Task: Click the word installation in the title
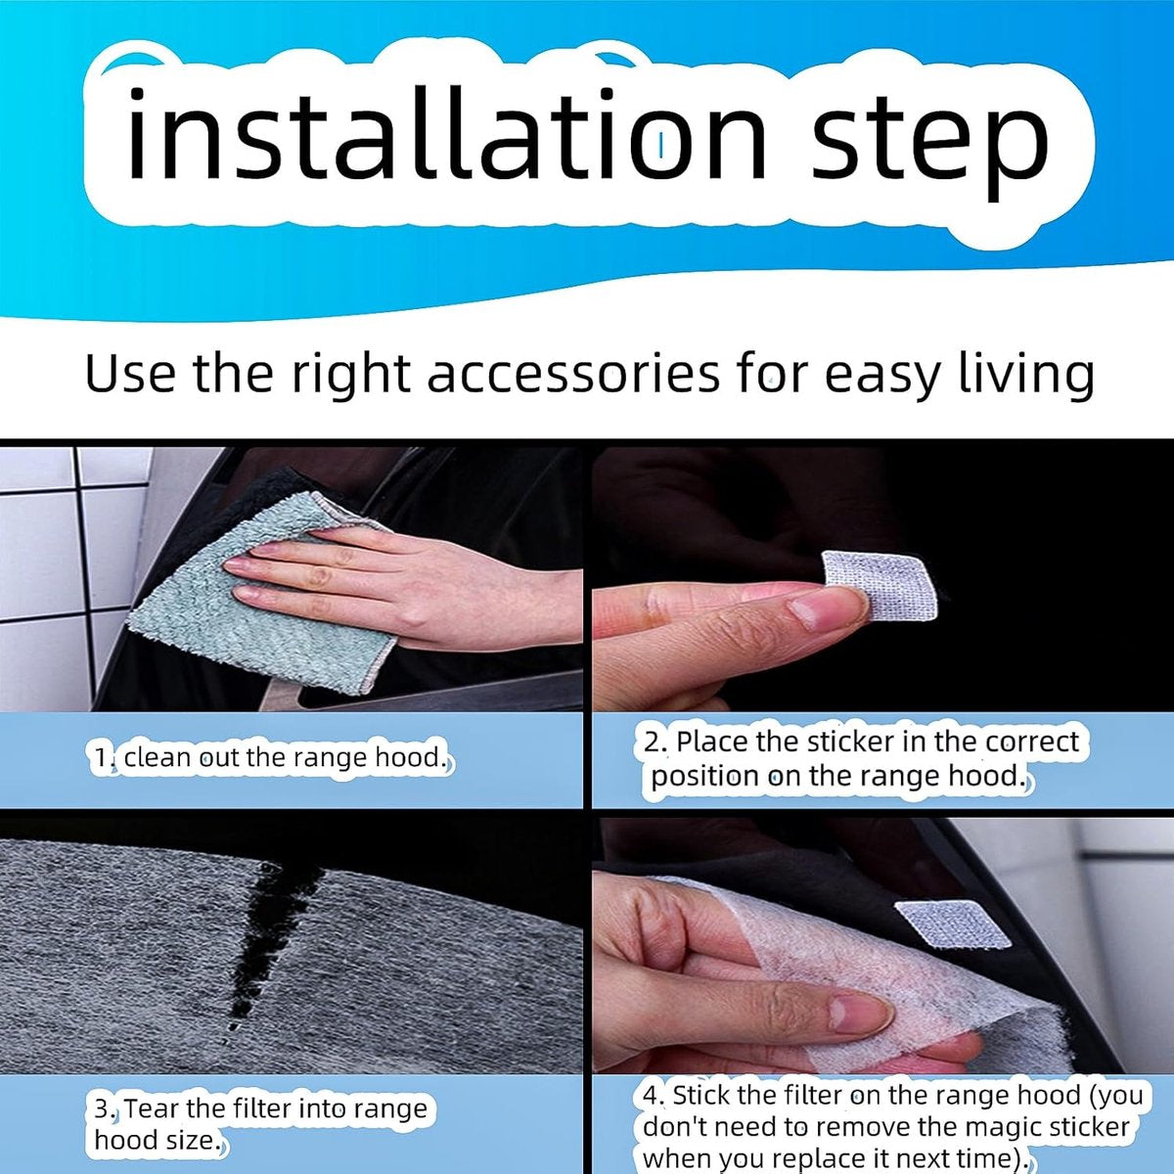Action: pyautogui.click(x=446, y=133)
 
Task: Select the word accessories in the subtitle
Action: pyautogui.click(x=572, y=374)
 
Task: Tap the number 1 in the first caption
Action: pyautogui.click(x=101, y=758)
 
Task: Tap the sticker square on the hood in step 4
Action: pyautogui.click(x=954, y=932)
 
